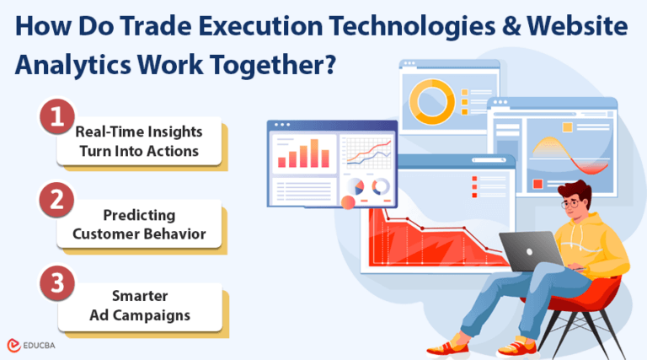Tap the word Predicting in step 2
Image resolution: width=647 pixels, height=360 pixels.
click(140, 215)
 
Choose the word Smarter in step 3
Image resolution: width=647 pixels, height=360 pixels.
click(140, 297)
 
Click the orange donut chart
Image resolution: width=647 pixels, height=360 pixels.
click(432, 100)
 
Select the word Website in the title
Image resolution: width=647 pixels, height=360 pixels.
click(580, 28)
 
